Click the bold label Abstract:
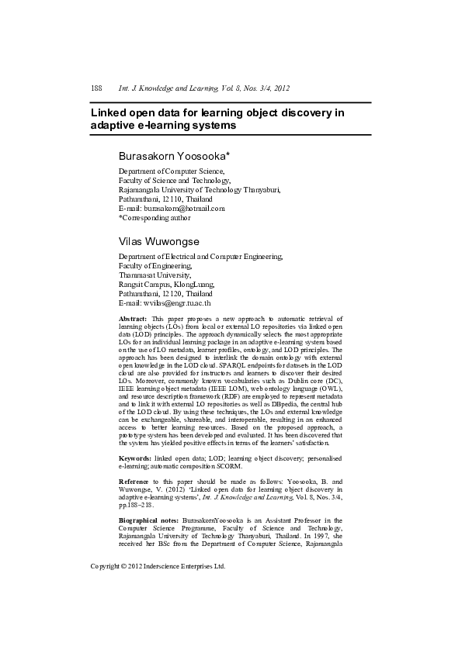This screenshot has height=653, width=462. click(x=133, y=320)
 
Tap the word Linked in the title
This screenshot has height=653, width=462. click(x=110, y=112)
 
